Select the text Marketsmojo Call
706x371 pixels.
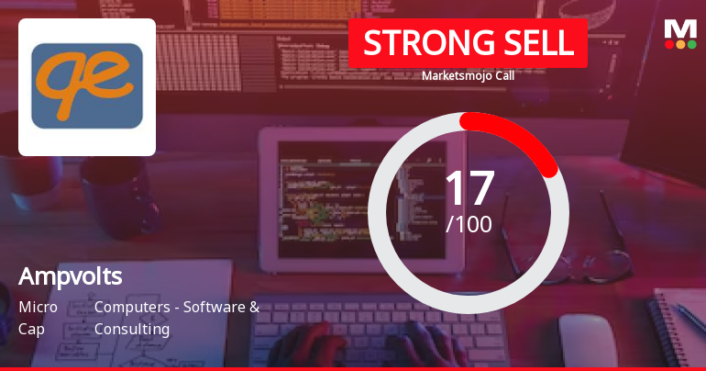[x=468, y=75]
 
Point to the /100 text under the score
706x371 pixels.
[x=469, y=223]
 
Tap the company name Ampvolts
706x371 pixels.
[x=71, y=275]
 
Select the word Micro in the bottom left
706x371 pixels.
[x=39, y=307]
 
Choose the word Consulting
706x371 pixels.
[x=132, y=328]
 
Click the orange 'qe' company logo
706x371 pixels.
[x=87, y=86]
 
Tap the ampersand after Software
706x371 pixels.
[x=254, y=307]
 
